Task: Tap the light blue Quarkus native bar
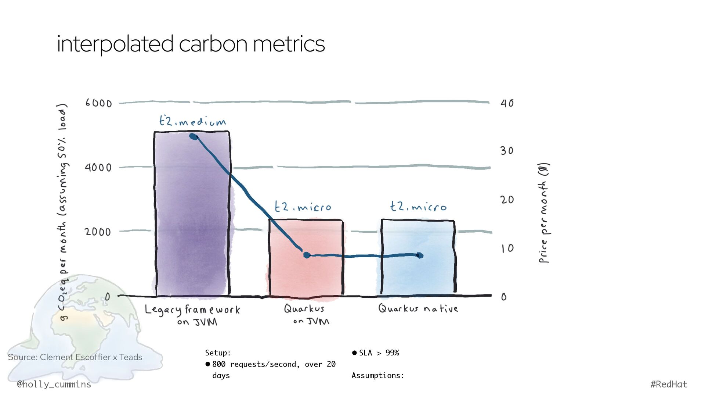point(418,272)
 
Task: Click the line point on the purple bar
point(194,137)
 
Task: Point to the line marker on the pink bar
point(307,255)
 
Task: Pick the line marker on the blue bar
point(420,255)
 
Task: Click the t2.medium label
point(192,121)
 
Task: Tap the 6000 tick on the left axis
point(98,103)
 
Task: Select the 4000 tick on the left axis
point(98,168)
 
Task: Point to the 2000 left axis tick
point(98,232)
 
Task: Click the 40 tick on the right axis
point(507,103)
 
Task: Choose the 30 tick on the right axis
point(507,151)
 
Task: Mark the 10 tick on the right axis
point(507,248)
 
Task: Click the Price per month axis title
point(544,213)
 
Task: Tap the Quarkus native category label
point(418,308)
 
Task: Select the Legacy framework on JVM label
point(192,315)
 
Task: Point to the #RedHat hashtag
point(669,385)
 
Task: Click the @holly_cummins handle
point(54,385)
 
